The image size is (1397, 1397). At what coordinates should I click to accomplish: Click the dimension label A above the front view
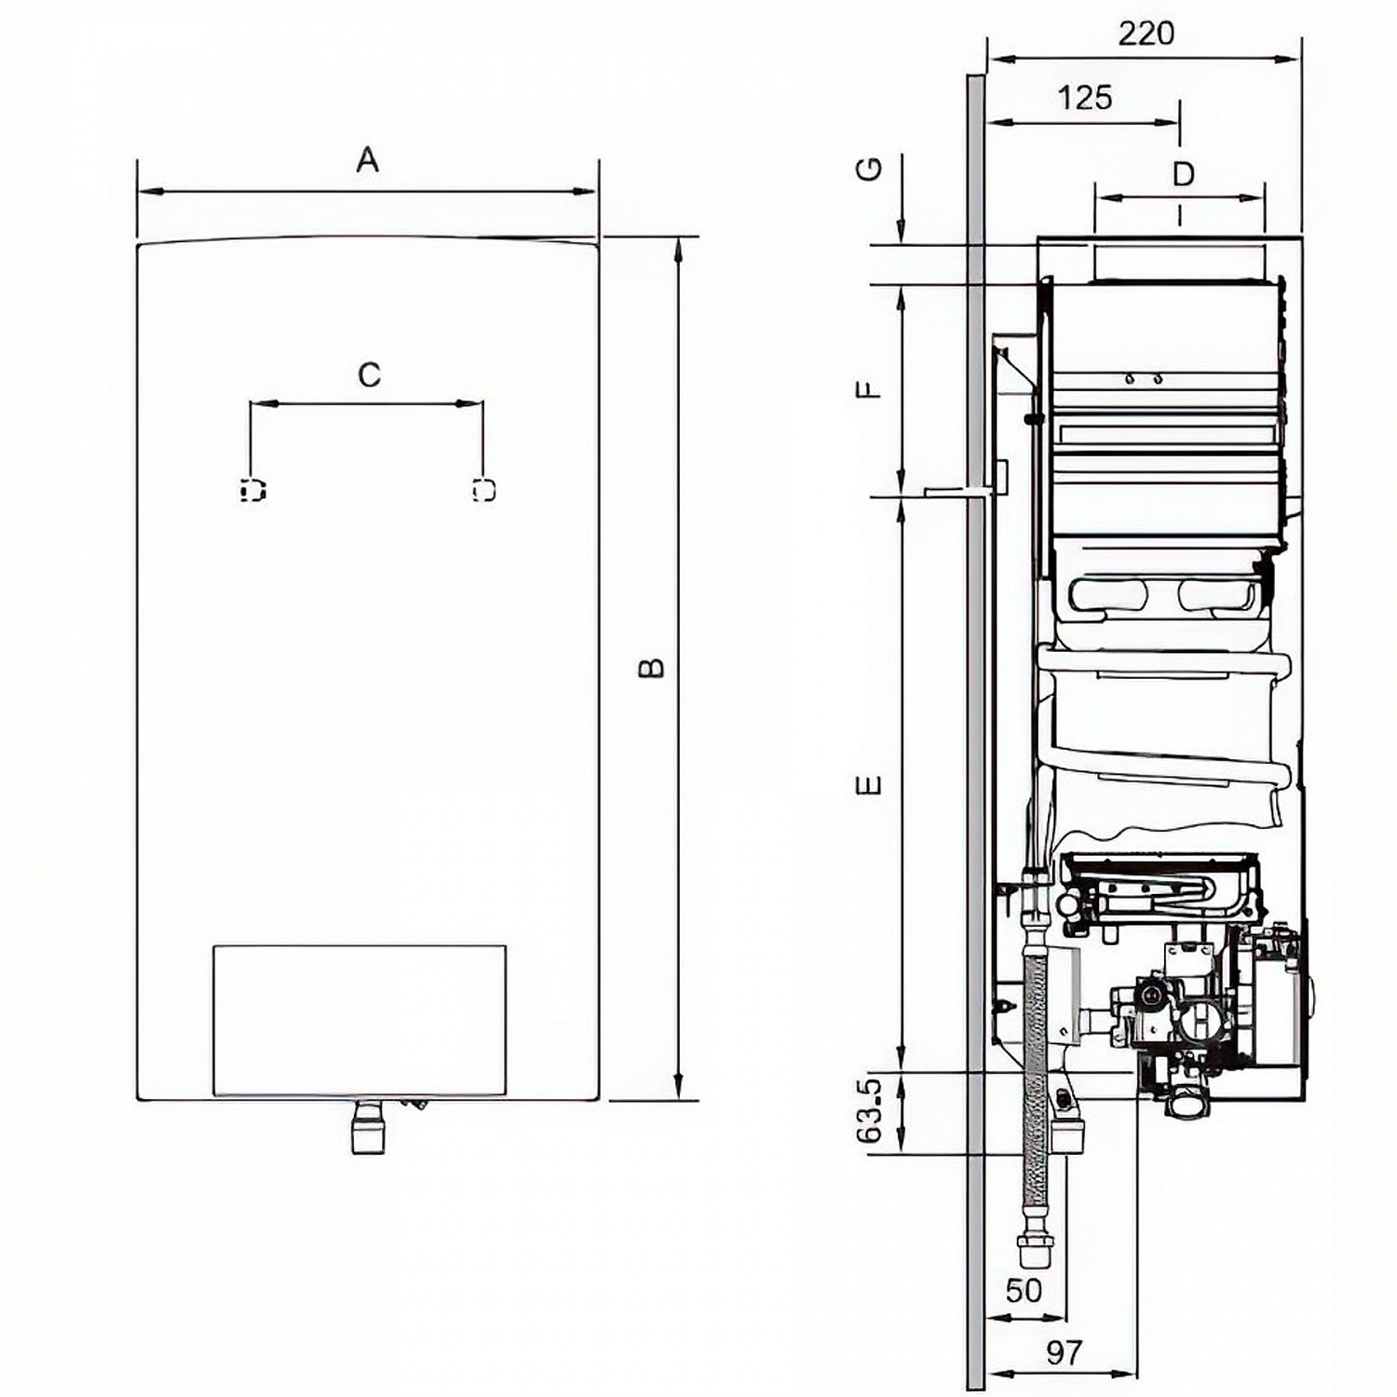pyautogui.click(x=368, y=160)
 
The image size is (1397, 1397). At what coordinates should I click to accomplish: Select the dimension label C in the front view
pyautogui.click(x=369, y=374)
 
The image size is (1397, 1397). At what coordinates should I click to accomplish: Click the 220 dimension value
pyautogui.click(x=1146, y=34)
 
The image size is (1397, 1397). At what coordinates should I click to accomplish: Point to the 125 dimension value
pyautogui.click(x=1085, y=98)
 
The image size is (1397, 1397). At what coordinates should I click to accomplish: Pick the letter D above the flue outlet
pyautogui.click(x=1183, y=174)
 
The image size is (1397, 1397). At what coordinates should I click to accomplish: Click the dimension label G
pyautogui.click(x=869, y=169)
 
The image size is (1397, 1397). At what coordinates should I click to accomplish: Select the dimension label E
pyautogui.click(x=868, y=785)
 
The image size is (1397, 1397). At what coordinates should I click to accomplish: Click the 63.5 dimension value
pyautogui.click(x=868, y=1111)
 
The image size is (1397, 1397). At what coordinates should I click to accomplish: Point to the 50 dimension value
pyautogui.click(x=1023, y=1291)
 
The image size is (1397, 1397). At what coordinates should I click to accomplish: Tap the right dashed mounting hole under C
pyautogui.click(x=484, y=490)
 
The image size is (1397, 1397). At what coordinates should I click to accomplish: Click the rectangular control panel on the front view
pyautogui.click(x=359, y=1020)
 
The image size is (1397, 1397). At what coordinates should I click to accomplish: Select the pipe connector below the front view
pyautogui.click(x=368, y=1129)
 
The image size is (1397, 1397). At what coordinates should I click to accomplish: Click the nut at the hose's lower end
pyautogui.click(x=1031, y=1253)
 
